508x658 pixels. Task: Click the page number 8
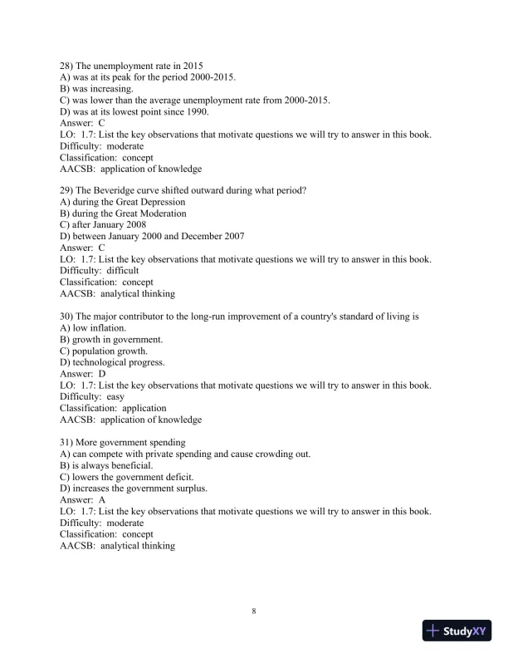[254, 611]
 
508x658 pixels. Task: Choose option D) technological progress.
[112, 362]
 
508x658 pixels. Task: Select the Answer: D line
[83, 374]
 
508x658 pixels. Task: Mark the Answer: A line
[83, 500]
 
